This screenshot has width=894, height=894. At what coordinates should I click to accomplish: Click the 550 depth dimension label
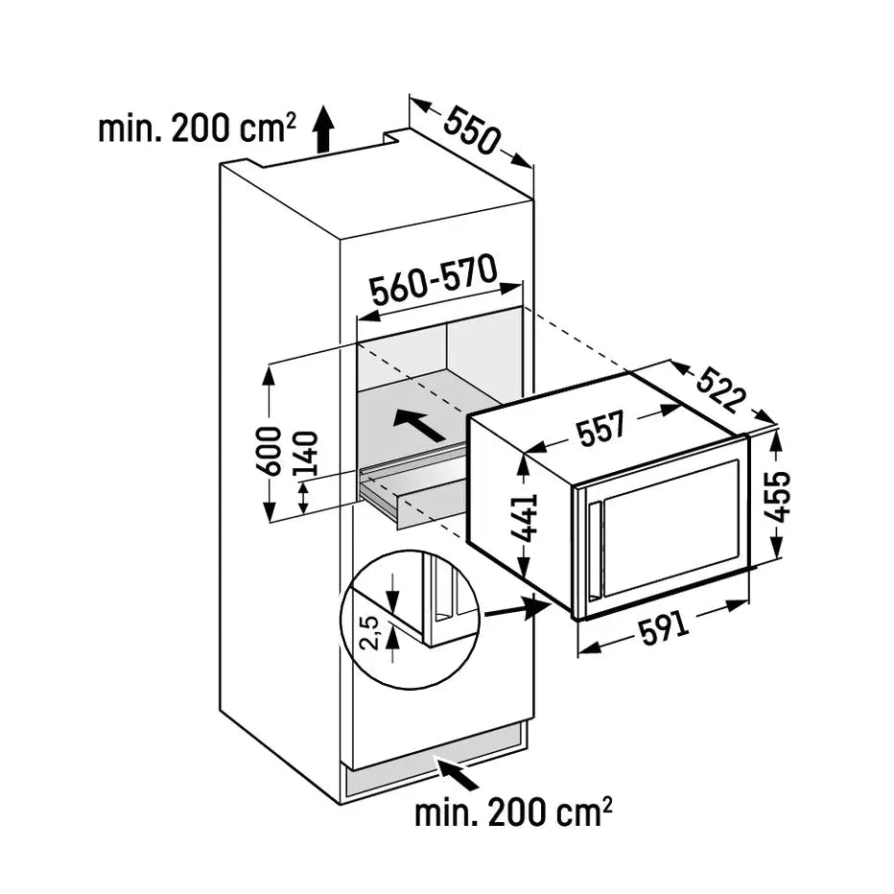point(472,131)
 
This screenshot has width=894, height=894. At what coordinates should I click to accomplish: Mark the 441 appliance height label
point(525,517)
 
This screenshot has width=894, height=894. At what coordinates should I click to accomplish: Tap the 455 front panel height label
point(778,496)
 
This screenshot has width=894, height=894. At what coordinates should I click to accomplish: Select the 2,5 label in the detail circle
point(370,633)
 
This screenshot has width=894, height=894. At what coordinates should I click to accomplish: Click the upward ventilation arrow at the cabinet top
point(324,129)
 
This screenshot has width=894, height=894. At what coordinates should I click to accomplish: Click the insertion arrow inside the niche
point(419,424)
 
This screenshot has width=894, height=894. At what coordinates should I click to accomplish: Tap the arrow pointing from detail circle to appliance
point(516,608)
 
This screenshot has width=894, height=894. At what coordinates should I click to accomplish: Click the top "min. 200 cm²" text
point(198,129)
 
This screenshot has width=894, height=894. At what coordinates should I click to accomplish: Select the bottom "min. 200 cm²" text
point(513,813)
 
